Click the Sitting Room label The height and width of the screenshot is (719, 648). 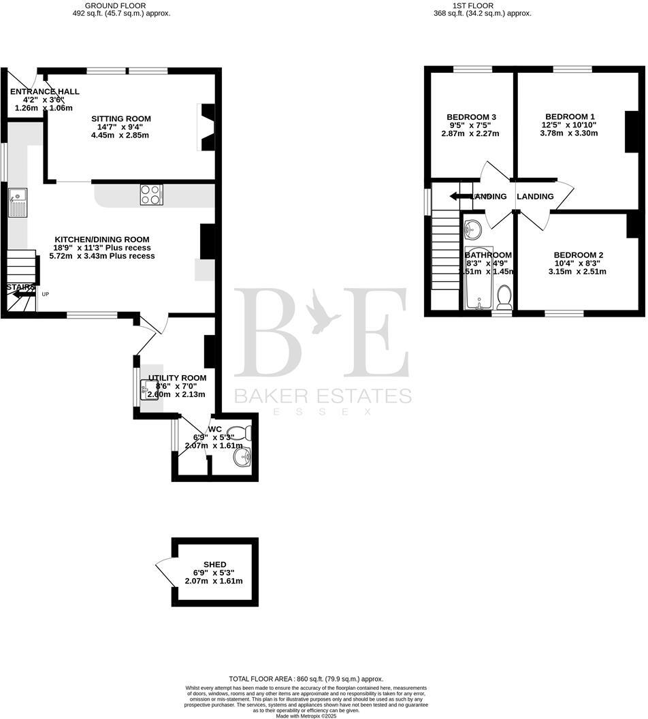pyautogui.click(x=121, y=118)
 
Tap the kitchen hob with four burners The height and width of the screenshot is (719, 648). pyautogui.click(x=151, y=195)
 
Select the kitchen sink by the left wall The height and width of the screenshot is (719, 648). pyautogui.click(x=17, y=202)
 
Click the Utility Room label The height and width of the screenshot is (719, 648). pyautogui.click(x=177, y=378)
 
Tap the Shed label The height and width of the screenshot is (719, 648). pyautogui.click(x=214, y=564)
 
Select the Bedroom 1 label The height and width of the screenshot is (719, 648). pyautogui.click(x=569, y=116)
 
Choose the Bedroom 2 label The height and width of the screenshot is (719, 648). pyautogui.click(x=578, y=255)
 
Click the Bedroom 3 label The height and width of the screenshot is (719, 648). pyautogui.click(x=471, y=117)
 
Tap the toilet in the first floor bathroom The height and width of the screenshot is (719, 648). pyautogui.click(x=504, y=296)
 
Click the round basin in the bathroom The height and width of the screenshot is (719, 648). pyautogui.click(x=472, y=227)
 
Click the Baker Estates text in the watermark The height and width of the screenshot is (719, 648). pyautogui.click(x=323, y=396)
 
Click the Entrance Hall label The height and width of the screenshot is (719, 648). pyautogui.click(x=44, y=91)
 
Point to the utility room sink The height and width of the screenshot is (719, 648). pyautogui.click(x=149, y=389)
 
